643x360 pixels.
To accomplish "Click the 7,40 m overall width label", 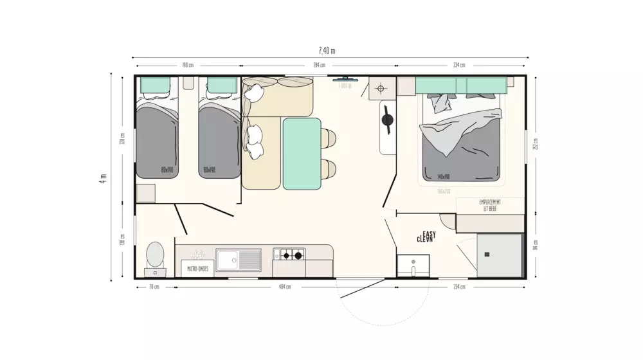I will [327, 51].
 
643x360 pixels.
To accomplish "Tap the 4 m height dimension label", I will [102, 177].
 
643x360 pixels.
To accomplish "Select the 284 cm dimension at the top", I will [318, 66].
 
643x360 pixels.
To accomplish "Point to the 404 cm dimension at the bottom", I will [284, 287].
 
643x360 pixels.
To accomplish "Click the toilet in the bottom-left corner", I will [155, 255].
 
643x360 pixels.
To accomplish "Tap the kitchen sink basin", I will [228, 259].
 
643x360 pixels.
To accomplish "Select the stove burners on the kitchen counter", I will [290, 255].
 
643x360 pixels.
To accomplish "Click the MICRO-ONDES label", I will [197, 269].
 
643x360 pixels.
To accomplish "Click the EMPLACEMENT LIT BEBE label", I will [490, 204].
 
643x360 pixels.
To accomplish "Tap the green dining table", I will [302, 154].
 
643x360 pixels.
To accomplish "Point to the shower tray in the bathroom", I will [499, 255].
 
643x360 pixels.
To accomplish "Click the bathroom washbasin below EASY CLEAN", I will [413, 265].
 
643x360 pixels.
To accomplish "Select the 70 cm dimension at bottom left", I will [154, 287].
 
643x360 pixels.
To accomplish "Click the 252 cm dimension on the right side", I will [536, 143].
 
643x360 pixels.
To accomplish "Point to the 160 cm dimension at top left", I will [188, 66].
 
